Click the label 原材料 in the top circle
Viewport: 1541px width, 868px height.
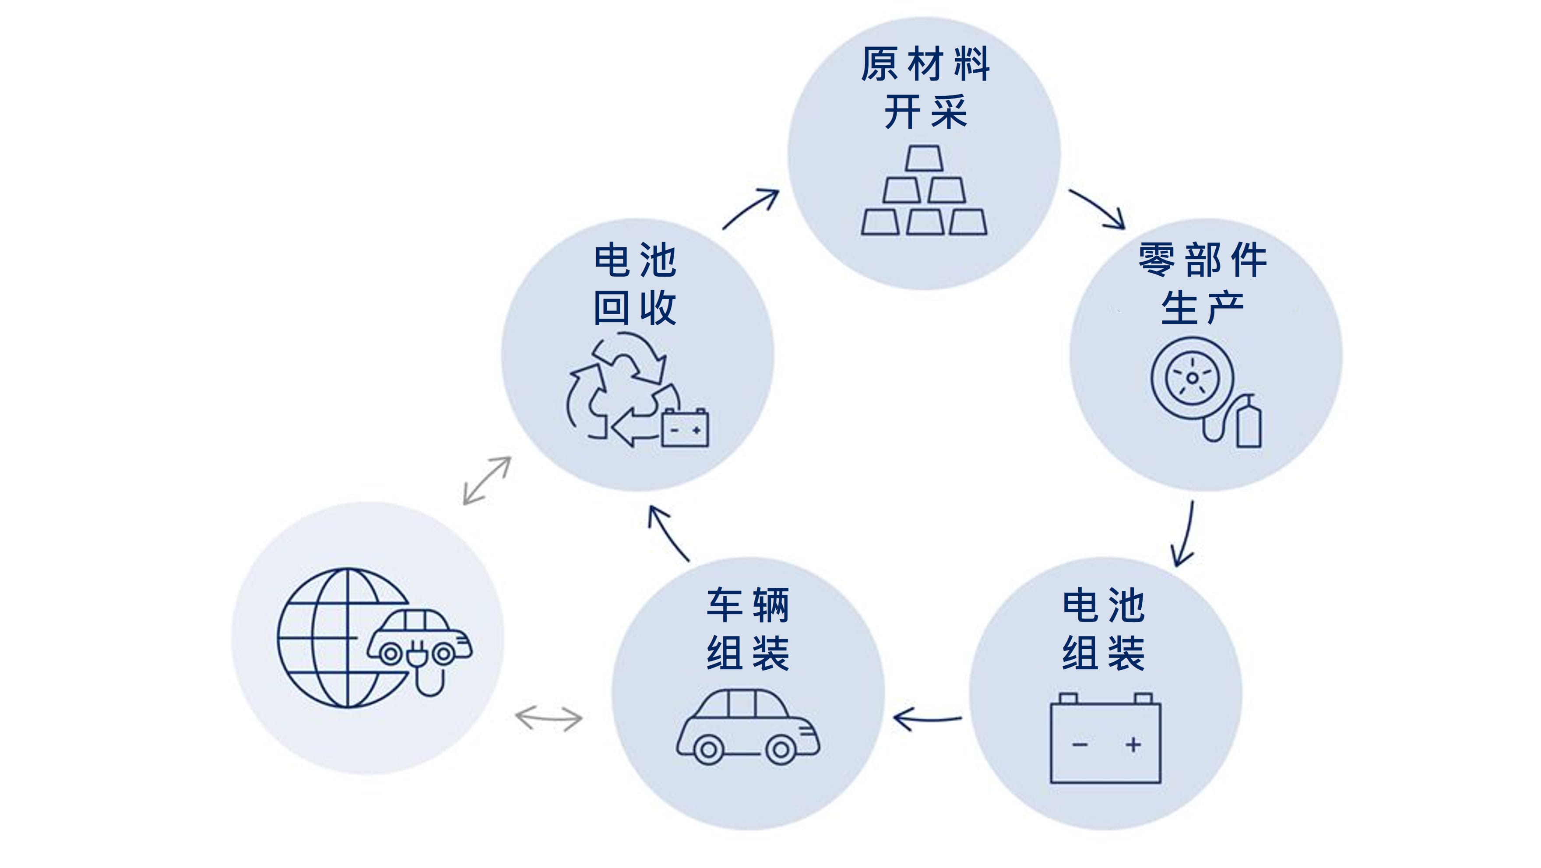[x=925, y=64]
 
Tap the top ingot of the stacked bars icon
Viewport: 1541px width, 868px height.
[x=924, y=158]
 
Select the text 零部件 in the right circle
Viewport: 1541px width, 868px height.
[x=1203, y=260]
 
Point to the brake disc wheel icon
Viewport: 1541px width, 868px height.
[x=1192, y=378]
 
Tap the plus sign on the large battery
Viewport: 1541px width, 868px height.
[x=1133, y=745]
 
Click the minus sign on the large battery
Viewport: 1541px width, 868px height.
[x=1080, y=745]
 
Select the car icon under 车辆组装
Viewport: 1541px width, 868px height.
[x=748, y=726]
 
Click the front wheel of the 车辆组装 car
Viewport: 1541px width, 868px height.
[x=781, y=749]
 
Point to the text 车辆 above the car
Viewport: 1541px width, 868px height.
[x=748, y=605]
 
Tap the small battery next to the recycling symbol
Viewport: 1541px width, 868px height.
[x=685, y=428]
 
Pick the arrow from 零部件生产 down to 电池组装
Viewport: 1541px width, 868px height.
[x=1185, y=534]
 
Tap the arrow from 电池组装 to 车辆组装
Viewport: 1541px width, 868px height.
[x=927, y=718]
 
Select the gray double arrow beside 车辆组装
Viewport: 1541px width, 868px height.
[x=549, y=718]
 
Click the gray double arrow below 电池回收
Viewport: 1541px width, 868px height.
[x=487, y=480]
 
